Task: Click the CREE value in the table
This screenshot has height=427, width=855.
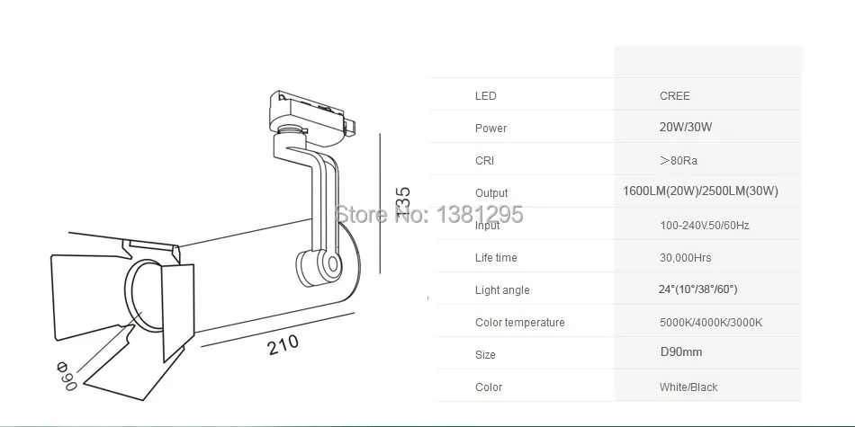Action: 674,96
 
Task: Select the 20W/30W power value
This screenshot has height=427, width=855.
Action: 685,128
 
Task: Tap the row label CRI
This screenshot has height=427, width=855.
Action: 484,161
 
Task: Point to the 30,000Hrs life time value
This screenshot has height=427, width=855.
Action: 685,258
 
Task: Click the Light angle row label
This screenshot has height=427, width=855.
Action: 502,290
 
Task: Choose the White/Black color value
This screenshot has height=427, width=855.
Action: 688,387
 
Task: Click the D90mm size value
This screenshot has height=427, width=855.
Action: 680,353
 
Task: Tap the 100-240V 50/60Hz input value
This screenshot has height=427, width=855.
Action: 704,226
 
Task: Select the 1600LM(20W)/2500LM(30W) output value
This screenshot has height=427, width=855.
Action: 700,191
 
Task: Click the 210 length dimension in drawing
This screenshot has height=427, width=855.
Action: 283,343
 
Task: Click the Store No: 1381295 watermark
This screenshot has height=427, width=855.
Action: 428,215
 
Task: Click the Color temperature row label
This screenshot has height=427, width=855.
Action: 519,323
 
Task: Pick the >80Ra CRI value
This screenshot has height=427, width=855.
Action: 678,161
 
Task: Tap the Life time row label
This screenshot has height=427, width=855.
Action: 496,258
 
